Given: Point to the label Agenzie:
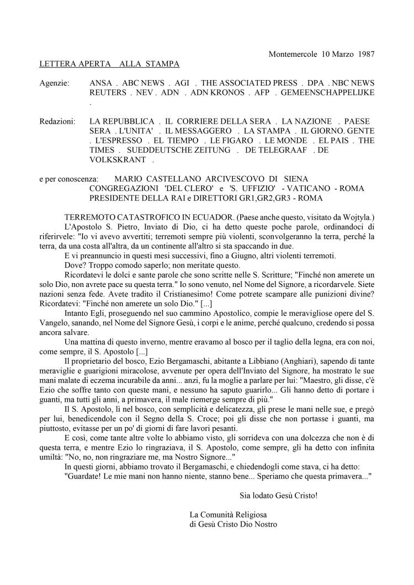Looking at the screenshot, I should pos(55,83).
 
